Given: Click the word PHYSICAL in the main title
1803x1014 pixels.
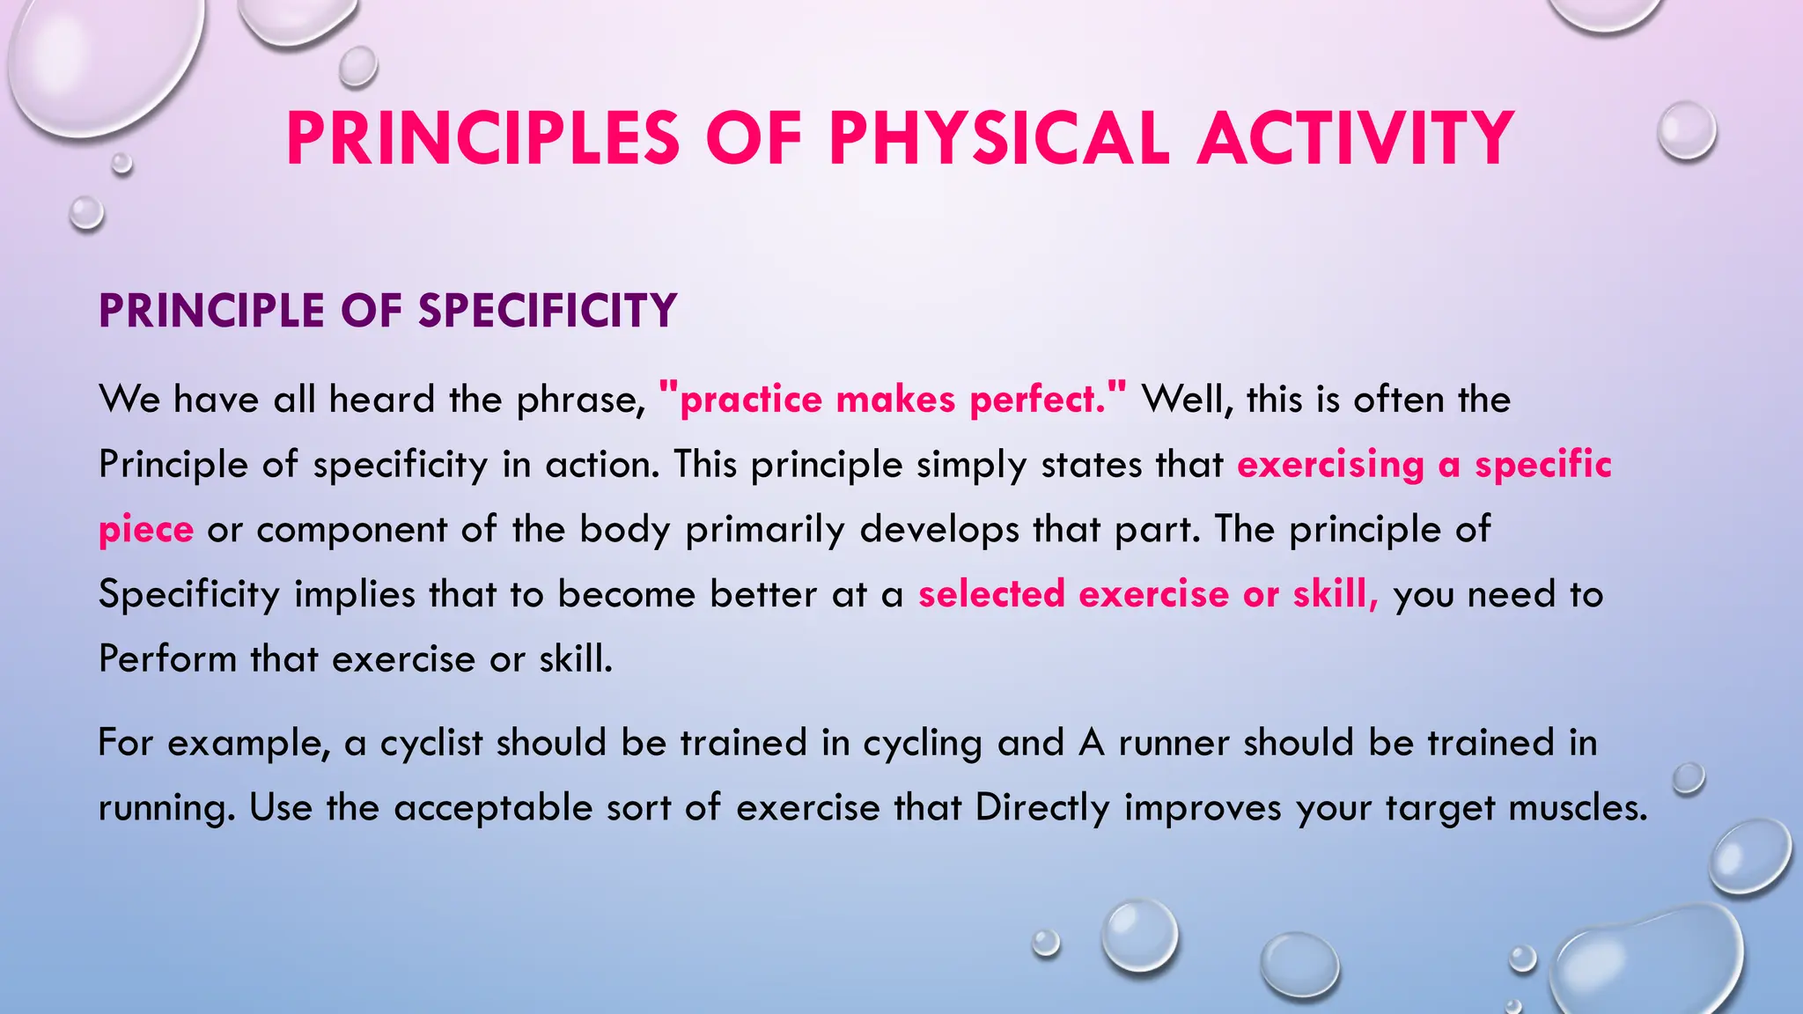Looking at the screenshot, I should click(998, 139).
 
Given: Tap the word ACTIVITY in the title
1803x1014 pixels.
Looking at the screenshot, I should click(1356, 139).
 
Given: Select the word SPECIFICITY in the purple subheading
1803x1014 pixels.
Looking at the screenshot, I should click(547, 311).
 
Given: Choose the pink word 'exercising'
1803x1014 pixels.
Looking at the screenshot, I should click(1330, 465).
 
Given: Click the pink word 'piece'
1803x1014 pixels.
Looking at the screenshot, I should click(146, 530).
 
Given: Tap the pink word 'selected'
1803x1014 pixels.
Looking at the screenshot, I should click(991, 594).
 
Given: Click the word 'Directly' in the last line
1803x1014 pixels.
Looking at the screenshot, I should click(1042, 808).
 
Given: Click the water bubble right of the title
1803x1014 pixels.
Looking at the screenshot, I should click(1687, 130).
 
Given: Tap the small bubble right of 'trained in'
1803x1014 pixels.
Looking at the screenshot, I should click(1689, 778).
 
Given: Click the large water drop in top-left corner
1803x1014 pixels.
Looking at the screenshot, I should click(101, 62).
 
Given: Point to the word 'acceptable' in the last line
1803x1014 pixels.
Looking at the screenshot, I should click(493, 808).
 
